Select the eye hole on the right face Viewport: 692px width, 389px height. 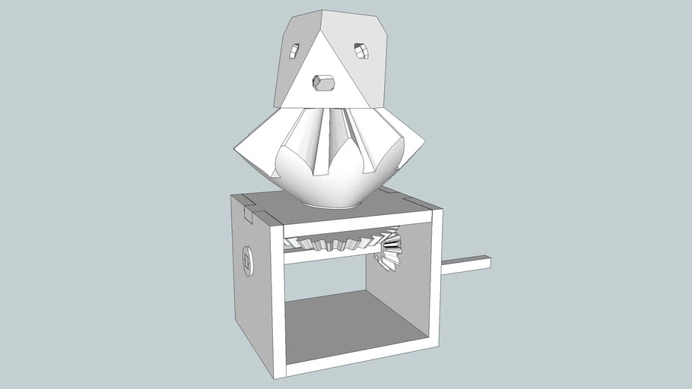pos(360,51)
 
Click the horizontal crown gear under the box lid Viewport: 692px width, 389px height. pos(335,243)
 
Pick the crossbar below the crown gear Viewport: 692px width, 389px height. pos(327,257)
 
